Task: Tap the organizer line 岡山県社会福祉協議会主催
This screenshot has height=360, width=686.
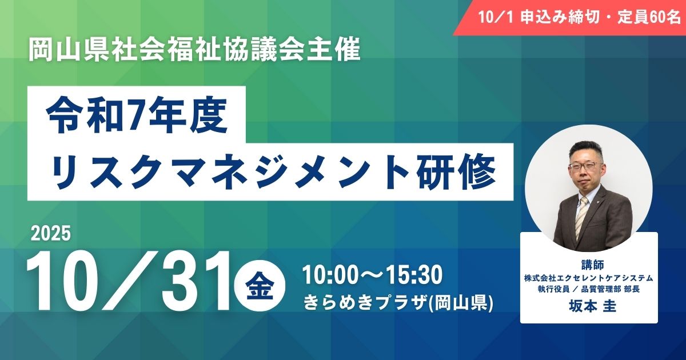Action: coord(196,51)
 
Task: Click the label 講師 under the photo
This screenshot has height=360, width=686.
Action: coord(589,264)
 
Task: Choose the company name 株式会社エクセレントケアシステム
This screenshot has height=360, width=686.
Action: coord(589,278)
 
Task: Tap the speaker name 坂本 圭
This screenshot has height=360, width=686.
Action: coord(589,306)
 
